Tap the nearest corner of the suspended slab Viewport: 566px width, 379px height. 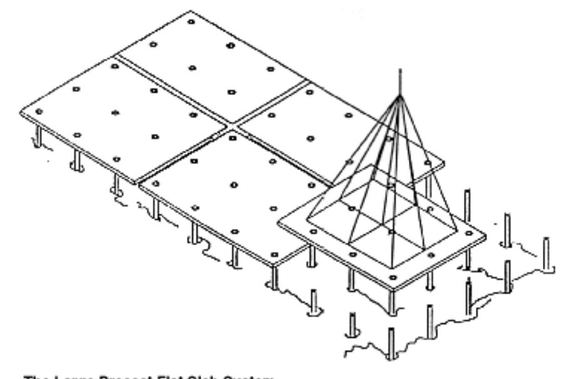click(x=393, y=287)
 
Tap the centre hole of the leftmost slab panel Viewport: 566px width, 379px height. click(x=115, y=113)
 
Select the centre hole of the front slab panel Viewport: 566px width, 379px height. click(x=234, y=184)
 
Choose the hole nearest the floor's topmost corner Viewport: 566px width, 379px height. click(x=190, y=22)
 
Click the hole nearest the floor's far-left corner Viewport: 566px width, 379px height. click(x=39, y=111)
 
